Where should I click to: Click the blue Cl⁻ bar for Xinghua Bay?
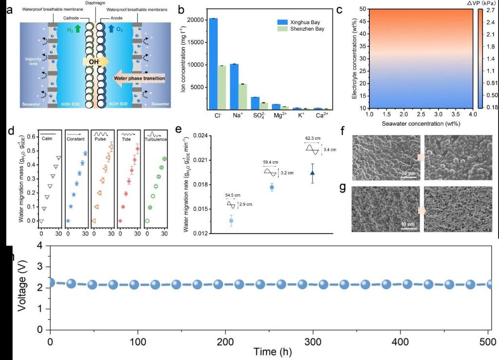pos(213,63)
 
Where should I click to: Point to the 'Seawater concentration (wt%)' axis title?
pos(421,124)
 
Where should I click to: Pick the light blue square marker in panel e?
pos(231,221)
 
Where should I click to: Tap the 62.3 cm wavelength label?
pos(313,138)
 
